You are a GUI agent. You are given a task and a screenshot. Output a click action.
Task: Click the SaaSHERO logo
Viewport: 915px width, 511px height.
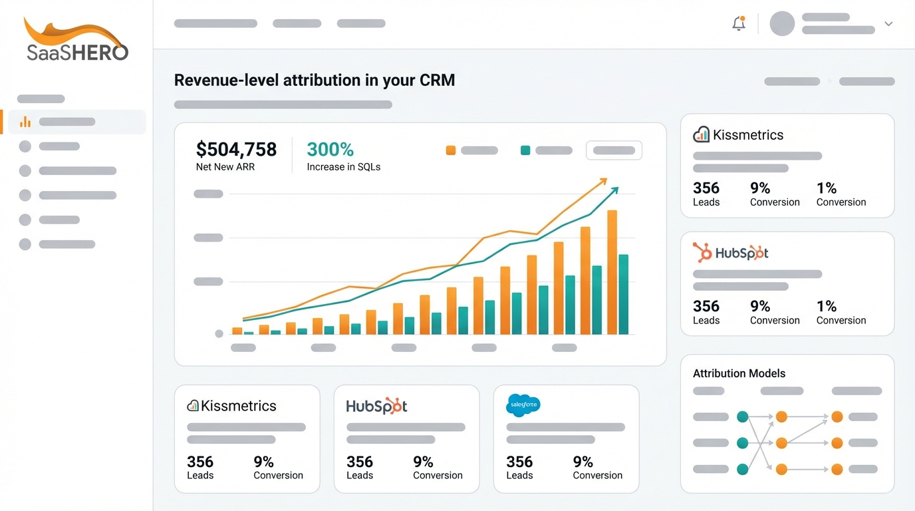tap(76, 41)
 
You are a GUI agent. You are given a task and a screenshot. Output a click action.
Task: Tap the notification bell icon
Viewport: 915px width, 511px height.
tap(738, 24)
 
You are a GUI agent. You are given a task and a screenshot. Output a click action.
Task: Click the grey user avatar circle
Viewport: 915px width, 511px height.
tap(782, 24)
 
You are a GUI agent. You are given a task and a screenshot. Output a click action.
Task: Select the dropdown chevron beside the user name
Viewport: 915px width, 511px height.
tap(888, 24)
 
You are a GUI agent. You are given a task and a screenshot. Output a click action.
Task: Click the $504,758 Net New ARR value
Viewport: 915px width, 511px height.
tap(236, 149)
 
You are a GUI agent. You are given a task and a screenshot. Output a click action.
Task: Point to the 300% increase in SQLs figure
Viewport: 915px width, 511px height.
tap(330, 149)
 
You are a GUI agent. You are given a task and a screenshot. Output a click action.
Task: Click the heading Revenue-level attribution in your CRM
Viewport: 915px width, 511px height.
tap(315, 81)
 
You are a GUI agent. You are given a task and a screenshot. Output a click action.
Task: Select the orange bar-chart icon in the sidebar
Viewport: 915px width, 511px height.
tap(25, 122)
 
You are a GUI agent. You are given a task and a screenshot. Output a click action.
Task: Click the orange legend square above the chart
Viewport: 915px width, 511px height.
tap(451, 150)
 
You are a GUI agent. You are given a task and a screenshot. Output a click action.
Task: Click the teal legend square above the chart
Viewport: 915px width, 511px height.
tap(525, 150)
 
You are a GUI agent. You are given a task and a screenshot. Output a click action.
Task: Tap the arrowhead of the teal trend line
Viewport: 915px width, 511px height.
tap(615, 190)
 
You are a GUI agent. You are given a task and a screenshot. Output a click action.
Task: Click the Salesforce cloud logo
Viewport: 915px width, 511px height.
tap(523, 405)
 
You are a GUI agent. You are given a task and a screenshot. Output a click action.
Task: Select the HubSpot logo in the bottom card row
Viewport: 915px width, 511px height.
tap(376, 406)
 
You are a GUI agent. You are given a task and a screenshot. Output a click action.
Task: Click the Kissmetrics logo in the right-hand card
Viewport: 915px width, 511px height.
tap(738, 135)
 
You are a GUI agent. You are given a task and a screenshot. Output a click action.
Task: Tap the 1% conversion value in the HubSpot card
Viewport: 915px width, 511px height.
tap(827, 306)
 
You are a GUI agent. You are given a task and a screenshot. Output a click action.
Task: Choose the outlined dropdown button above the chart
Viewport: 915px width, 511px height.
tap(614, 150)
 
